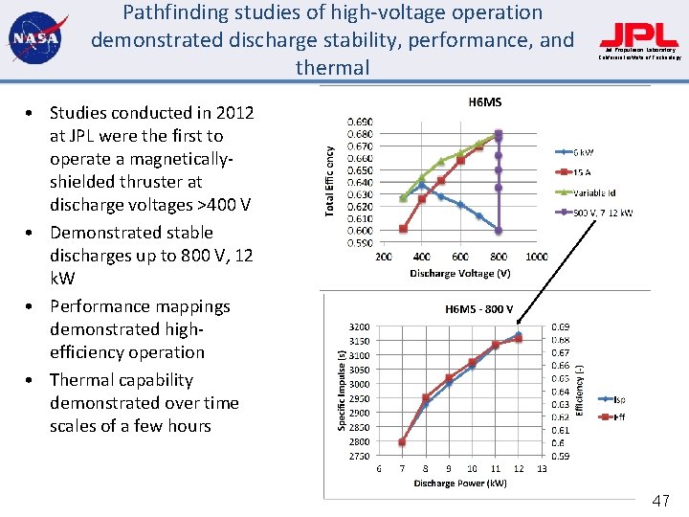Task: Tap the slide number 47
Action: [x=661, y=501]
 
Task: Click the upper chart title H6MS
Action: [x=484, y=101]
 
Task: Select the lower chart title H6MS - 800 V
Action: [x=479, y=309]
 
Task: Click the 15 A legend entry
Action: [x=582, y=172]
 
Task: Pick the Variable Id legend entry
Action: [x=594, y=192]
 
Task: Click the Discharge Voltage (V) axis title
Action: [x=459, y=274]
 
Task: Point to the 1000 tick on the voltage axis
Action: [x=536, y=257]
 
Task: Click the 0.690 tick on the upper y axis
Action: [x=360, y=123]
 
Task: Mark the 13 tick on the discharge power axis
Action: [x=542, y=468]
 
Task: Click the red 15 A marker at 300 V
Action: [x=403, y=229]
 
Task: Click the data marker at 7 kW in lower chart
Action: [x=402, y=442]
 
